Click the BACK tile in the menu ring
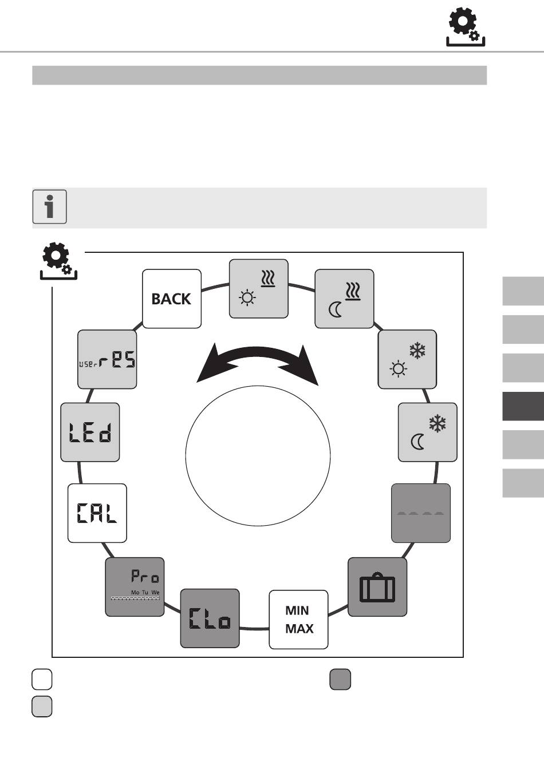coord(172,299)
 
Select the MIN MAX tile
coord(298,620)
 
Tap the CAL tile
coord(97,513)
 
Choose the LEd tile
coord(90,432)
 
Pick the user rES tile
coord(107,359)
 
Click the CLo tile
coord(210,618)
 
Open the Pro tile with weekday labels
coord(135,587)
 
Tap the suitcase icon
coord(377,587)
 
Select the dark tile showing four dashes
coord(421,513)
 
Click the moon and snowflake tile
coord(428,432)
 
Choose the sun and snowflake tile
coord(407,359)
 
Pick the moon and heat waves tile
coord(344,299)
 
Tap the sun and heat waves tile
coord(258,289)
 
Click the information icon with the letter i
coord(50,207)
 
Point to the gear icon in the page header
coord(466,27)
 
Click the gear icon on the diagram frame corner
coord(58,261)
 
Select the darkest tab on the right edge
coord(523,406)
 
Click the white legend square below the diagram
coord(42,679)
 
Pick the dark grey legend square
coord(340,679)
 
